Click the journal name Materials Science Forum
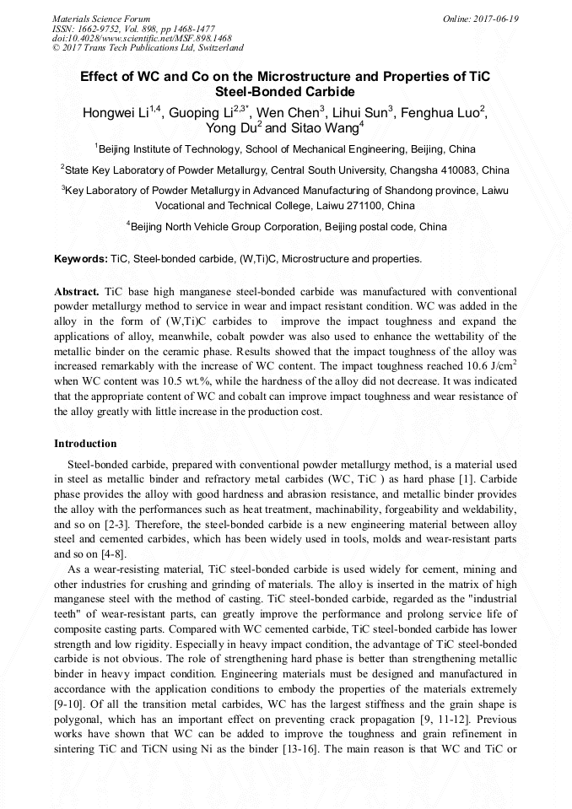pyautogui.click(x=101, y=18)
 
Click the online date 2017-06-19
pyautogui.click(x=495, y=18)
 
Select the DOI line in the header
pyautogui.click(x=142, y=38)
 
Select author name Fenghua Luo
pyautogui.click(x=439, y=113)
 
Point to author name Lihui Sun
pyautogui.click(x=358, y=113)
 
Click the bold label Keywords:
pyautogui.click(x=81, y=258)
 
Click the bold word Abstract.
pyautogui.click(x=77, y=290)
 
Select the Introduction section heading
pyautogui.click(x=85, y=443)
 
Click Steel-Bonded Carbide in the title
pyautogui.click(x=285, y=92)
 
